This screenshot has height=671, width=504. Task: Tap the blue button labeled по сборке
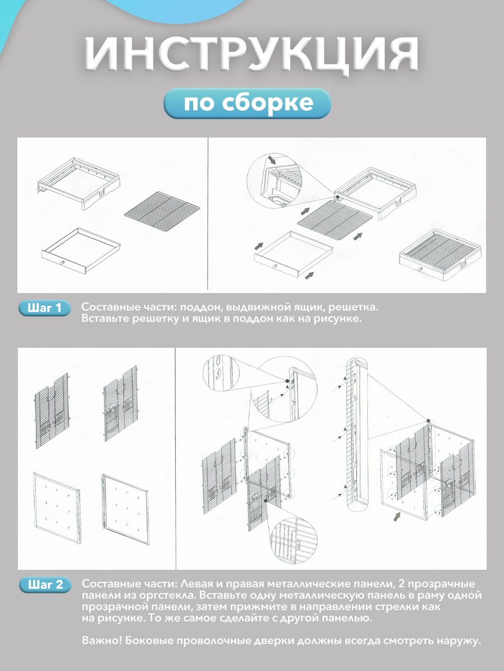[x=248, y=103]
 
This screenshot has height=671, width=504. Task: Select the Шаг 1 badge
[x=45, y=308]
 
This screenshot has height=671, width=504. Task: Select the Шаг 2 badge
[x=45, y=585]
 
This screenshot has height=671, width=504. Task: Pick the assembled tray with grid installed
[x=441, y=255]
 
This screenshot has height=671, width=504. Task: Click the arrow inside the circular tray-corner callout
[x=272, y=159]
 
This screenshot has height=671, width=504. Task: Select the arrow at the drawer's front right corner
[x=310, y=275]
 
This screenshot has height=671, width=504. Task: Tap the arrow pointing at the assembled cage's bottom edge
[x=397, y=517]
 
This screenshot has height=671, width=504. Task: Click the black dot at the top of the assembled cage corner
[x=428, y=421]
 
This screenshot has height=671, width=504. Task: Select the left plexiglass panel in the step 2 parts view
[x=57, y=508]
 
